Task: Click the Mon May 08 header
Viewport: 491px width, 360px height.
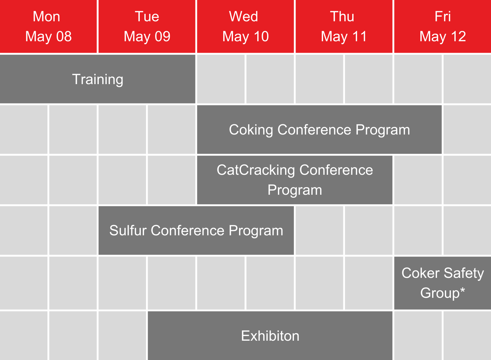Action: tap(48, 26)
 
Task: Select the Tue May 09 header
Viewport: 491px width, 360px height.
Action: tap(147, 26)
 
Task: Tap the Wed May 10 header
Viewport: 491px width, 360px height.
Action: tap(245, 26)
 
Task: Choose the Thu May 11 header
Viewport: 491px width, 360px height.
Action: tap(344, 26)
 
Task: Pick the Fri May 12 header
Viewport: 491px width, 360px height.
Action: tap(443, 26)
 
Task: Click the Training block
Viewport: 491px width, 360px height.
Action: tap(98, 79)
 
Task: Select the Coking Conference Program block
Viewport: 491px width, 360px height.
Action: tap(319, 130)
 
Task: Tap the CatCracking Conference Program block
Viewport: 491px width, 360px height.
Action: tap(295, 180)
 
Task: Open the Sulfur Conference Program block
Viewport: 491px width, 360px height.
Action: tap(196, 230)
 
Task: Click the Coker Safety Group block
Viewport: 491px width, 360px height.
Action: tap(443, 283)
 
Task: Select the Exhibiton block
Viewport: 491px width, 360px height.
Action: tap(270, 336)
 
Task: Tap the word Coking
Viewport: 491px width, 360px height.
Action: tap(251, 130)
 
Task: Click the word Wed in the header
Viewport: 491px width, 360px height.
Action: tap(244, 16)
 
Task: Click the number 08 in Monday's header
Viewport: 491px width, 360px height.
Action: tap(64, 36)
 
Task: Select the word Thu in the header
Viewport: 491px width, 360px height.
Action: tap(342, 16)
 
